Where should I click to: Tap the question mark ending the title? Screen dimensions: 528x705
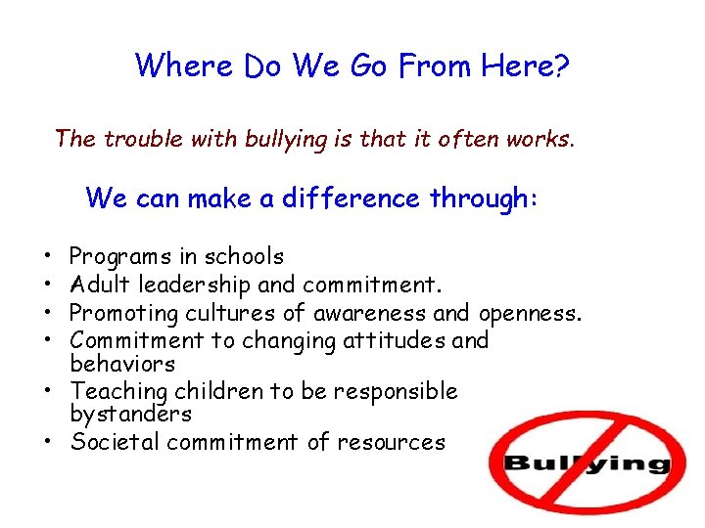(x=562, y=66)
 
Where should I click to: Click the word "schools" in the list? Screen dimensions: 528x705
(x=244, y=257)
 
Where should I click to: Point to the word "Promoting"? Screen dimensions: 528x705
(x=119, y=313)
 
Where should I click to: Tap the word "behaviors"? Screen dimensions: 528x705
(x=122, y=364)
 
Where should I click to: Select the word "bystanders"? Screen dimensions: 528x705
(x=130, y=414)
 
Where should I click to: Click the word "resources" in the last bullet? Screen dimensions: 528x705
(x=391, y=442)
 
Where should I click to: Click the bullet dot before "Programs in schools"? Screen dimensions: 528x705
(x=48, y=258)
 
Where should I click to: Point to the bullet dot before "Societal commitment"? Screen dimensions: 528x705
(x=48, y=443)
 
